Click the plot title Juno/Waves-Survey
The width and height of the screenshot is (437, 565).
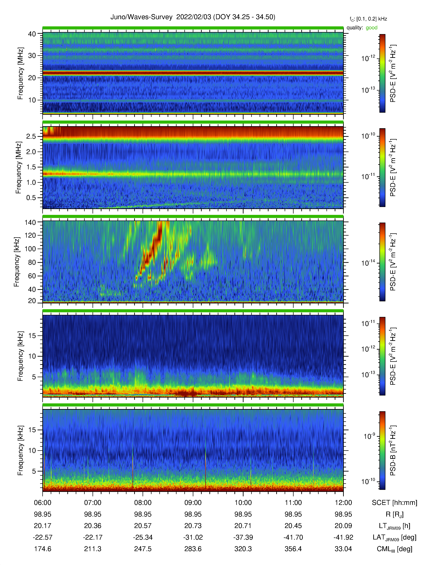click(141, 17)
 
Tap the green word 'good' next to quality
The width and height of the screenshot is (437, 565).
click(372, 28)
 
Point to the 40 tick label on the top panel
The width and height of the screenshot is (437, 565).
click(32, 34)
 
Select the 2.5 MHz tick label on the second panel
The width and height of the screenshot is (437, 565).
click(31, 136)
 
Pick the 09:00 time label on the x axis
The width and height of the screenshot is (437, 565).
click(193, 503)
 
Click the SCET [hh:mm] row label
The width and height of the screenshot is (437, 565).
click(394, 503)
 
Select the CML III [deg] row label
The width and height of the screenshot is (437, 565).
click(394, 549)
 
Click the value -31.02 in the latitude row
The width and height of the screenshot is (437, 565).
click(193, 537)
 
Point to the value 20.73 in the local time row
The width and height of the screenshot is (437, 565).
click(193, 526)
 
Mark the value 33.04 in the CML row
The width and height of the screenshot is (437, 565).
click(343, 549)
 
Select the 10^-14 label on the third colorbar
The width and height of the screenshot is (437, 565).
click(368, 263)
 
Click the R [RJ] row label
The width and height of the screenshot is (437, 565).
click(394, 514)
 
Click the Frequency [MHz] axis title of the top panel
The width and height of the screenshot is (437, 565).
click(20, 73)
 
